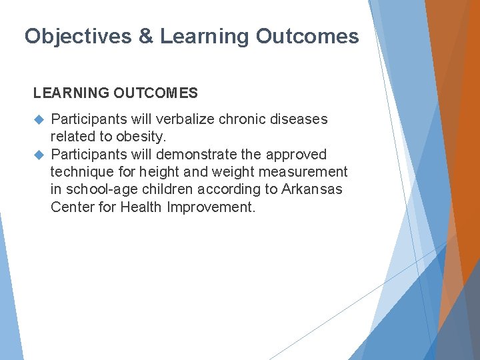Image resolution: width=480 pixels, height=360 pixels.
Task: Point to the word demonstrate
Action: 197,155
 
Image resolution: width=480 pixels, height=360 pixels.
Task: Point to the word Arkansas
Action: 312,189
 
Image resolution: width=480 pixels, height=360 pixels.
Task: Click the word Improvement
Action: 211,207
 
